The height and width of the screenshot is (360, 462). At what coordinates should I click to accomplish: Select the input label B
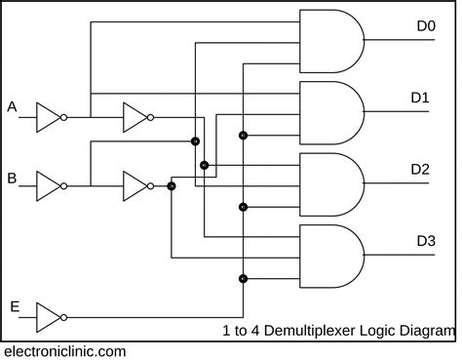pos(12,178)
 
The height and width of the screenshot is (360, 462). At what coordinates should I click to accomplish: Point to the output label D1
pos(420,97)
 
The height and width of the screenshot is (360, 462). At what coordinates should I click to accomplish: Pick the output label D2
pos(420,169)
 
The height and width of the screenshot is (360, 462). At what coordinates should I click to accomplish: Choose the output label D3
pos(426,240)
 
